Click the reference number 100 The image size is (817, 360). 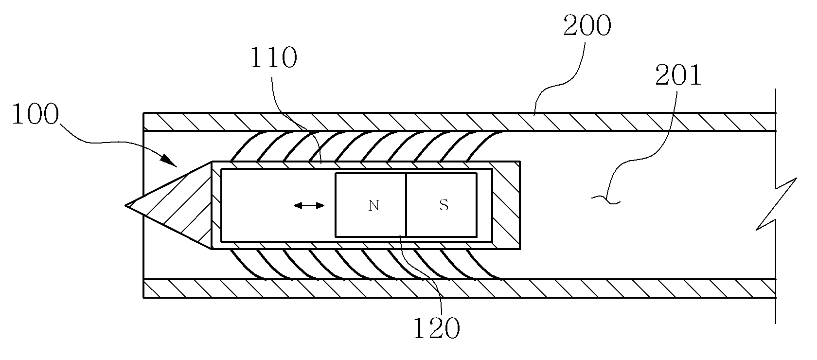point(36,114)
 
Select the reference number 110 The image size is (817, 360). point(273,57)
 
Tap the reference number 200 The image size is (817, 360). point(587,25)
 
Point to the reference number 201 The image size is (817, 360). point(678,75)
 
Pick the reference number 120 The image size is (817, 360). point(436,328)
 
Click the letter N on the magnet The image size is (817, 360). point(373,206)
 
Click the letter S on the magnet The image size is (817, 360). point(444,205)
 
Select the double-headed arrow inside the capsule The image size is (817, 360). point(309,206)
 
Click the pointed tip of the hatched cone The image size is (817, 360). point(125,206)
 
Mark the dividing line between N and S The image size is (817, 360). point(406,205)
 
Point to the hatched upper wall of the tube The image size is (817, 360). point(460,122)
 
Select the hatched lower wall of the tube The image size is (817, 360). point(460,289)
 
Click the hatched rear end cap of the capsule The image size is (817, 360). point(506,205)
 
